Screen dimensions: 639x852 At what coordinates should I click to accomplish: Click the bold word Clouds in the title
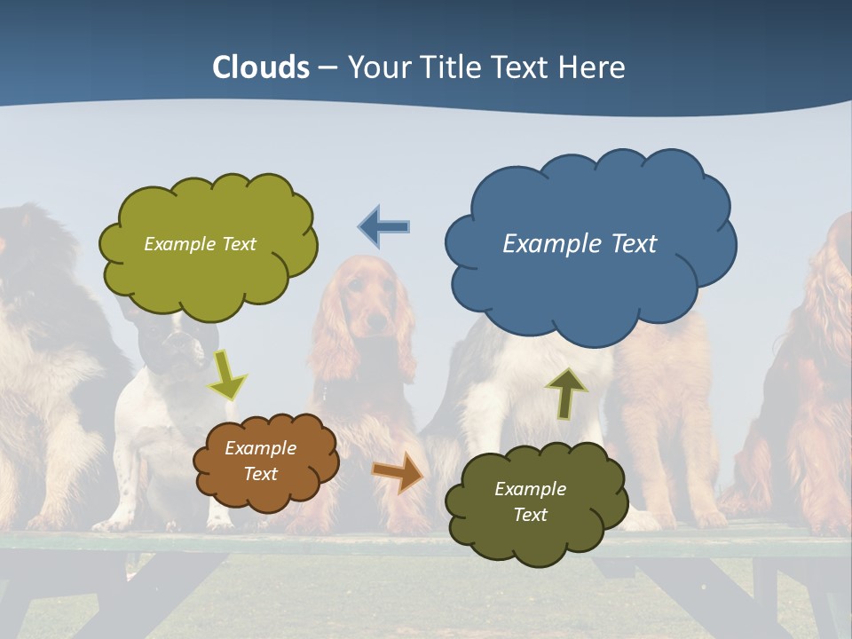tap(260, 67)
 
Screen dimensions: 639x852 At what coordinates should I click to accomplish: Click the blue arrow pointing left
tap(384, 226)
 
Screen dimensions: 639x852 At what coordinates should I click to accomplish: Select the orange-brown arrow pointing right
tap(398, 472)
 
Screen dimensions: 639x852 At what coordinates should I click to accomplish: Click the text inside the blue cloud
tap(580, 243)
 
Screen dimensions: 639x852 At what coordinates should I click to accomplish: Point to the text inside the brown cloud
tap(261, 461)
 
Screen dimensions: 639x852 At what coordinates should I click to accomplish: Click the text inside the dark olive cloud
tap(530, 501)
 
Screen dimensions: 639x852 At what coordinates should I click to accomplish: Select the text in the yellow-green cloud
tap(200, 243)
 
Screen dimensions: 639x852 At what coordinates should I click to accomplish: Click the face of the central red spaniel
tap(366, 306)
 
